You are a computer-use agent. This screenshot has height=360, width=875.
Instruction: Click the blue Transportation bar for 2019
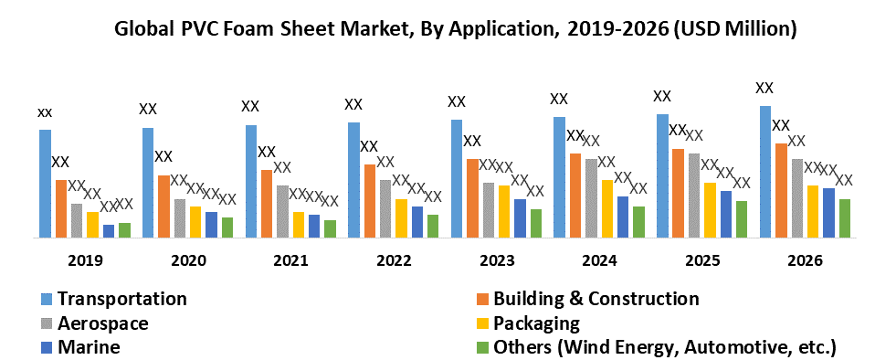coord(45,184)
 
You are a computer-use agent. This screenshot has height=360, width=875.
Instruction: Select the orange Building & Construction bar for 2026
coord(781,190)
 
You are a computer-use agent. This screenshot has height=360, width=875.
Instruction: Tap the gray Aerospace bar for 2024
coord(592,197)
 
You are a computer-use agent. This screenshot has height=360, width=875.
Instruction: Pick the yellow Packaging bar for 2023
coord(504,211)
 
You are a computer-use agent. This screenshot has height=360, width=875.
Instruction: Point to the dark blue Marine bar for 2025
coord(725,214)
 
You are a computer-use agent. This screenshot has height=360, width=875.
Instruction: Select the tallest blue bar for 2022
coord(353,179)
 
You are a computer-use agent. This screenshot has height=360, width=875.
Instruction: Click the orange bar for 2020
coord(163,206)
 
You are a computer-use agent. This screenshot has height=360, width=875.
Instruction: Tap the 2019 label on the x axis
coord(84,260)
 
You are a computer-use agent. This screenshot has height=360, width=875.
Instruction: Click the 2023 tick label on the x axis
coord(496,260)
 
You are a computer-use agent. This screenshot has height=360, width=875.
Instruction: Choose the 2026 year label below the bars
coord(805,260)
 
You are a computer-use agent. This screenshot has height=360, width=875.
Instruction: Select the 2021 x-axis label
coord(290,260)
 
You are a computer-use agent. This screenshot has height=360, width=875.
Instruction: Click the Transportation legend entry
coord(121,299)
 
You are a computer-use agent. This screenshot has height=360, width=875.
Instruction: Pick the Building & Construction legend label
coord(596,299)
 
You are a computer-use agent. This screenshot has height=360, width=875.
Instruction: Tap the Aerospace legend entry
coord(102,323)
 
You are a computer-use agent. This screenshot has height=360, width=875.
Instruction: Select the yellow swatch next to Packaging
coord(480,323)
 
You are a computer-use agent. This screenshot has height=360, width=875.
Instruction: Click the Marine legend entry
coord(89,347)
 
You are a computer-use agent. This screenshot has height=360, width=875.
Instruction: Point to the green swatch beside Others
coord(480,347)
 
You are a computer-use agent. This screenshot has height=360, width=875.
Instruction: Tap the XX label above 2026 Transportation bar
coord(764,89)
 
